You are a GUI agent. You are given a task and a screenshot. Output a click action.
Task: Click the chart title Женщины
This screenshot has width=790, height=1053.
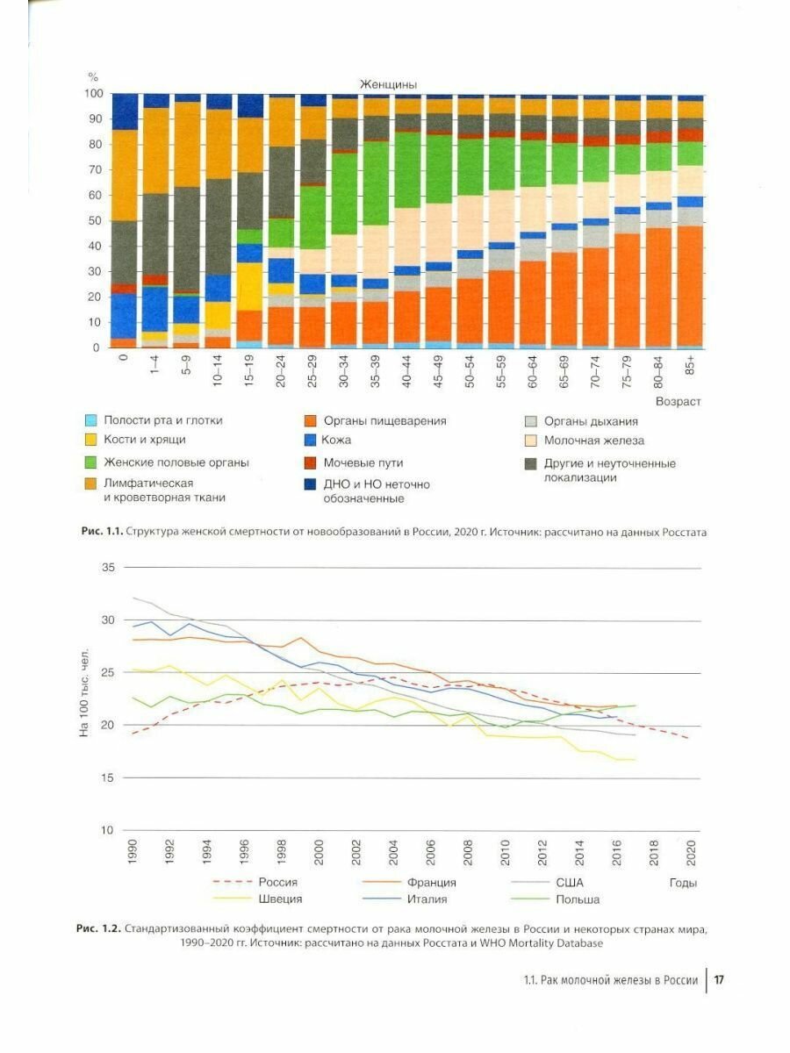[387, 84]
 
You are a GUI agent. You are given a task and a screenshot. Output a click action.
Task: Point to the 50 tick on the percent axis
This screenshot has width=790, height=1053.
[97, 220]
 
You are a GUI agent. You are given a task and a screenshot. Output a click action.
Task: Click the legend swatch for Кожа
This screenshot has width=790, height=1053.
[310, 440]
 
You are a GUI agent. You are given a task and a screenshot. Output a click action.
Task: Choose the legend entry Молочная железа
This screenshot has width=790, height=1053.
[593, 441]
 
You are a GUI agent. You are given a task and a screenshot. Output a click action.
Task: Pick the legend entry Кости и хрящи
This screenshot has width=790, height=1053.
[144, 440]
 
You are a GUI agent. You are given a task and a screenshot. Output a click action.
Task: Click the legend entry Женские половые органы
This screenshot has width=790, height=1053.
[176, 462]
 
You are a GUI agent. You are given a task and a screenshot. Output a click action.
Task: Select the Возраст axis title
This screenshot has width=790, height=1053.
[678, 401]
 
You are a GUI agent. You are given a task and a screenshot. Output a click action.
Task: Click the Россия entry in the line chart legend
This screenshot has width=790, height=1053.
[277, 883]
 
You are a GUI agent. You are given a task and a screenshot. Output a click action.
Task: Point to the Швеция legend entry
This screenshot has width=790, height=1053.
[278, 899]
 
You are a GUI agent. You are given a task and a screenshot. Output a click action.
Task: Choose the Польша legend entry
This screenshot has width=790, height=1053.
[578, 899]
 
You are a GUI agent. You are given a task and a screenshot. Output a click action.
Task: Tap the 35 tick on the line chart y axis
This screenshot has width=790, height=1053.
[109, 568]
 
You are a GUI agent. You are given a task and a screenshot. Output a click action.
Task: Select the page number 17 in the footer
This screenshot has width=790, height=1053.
[717, 980]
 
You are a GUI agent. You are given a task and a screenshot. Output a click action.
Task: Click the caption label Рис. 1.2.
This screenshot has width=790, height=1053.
[98, 928]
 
